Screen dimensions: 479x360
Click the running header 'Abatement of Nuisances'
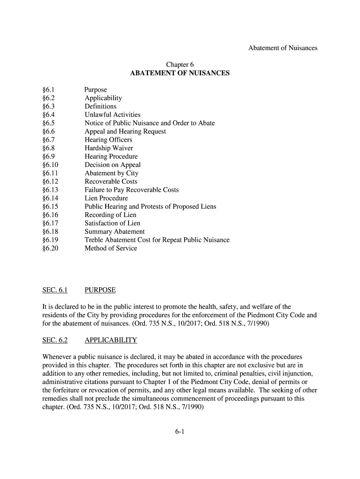coord(282,48)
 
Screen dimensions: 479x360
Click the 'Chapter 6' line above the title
coord(180,65)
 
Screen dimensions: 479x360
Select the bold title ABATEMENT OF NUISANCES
coord(180,73)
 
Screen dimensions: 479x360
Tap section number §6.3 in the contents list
coord(49,106)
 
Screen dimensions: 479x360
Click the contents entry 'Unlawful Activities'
coord(112,115)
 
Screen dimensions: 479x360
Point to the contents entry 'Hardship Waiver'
coord(109,148)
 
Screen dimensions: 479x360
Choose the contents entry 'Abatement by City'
coord(111,173)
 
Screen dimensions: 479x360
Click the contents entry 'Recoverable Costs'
coord(111,181)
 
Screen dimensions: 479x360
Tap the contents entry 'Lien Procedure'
coord(106,198)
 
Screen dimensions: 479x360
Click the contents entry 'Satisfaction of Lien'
coord(112,223)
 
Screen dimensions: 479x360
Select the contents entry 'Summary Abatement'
coord(115,232)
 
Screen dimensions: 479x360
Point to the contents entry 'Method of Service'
coord(111,248)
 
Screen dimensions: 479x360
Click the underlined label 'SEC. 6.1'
coord(55,290)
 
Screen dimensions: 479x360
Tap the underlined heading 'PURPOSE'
coord(100,290)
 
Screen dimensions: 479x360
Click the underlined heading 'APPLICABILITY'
coord(111,340)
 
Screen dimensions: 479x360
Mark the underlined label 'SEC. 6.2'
coord(55,340)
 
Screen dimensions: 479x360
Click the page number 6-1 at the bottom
coord(180,432)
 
